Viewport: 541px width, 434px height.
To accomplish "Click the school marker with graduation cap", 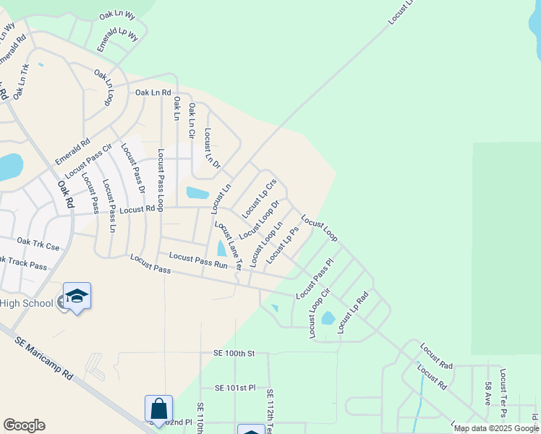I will (x=77, y=297).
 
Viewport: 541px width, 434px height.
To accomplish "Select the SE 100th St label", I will (x=234, y=353).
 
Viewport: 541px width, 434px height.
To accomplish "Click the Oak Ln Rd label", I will (x=153, y=93).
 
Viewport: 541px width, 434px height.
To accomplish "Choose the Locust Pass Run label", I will (x=198, y=261).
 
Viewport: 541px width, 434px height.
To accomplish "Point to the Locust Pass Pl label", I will (x=315, y=279).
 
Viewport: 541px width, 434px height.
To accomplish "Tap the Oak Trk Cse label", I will (x=38, y=244).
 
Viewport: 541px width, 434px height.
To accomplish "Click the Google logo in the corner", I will (x=24, y=425).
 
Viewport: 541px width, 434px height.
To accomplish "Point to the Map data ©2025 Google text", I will (x=496, y=428).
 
